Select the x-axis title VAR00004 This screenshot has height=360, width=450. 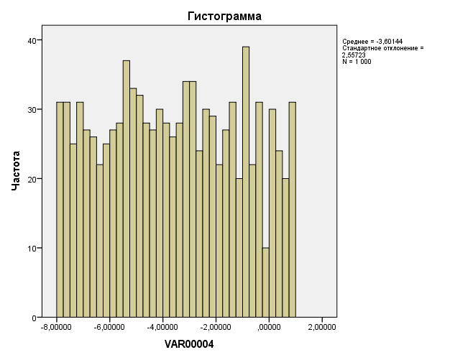(x=189, y=344)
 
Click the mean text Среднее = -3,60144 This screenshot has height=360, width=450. (x=372, y=42)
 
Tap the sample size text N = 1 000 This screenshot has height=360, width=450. (x=357, y=61)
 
